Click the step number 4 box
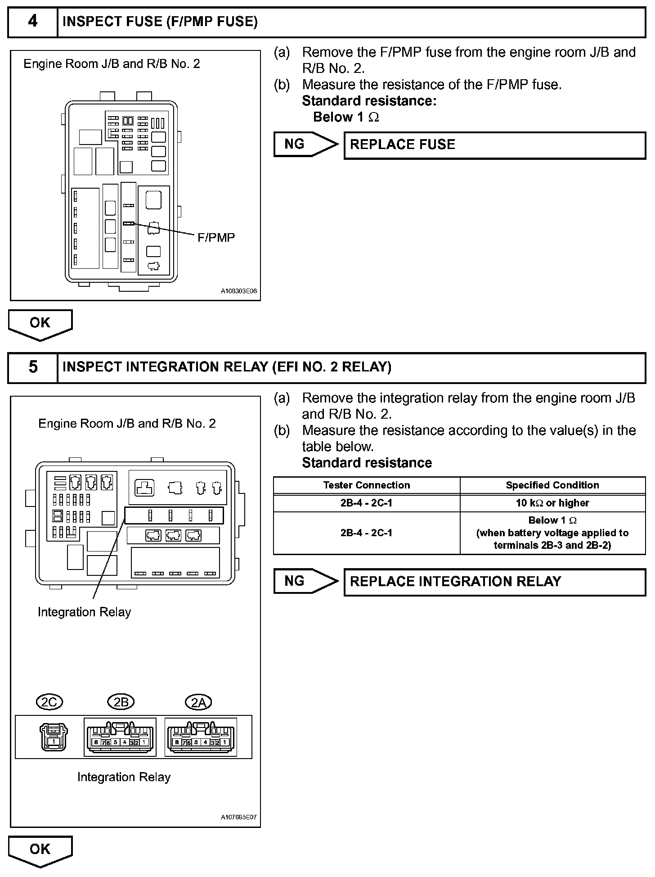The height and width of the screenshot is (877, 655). coord(33,22)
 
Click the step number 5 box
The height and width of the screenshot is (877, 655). coord(33,367)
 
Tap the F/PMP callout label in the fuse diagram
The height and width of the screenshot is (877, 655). coord(216,238)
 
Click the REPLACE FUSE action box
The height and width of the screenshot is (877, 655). coord(494,145)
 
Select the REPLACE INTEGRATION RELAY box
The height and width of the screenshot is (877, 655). coord(494,582)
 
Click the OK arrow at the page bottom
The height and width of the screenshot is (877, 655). coord(40,850)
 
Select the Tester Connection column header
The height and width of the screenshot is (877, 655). coord(367,485)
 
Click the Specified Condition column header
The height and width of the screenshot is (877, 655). coord(552,485)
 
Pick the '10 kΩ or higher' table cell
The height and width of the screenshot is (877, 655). coord(552,503)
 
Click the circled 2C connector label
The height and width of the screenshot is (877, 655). coord(49,702)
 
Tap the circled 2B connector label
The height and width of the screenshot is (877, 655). coord(121,702)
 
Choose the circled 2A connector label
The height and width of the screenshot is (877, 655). coord(198,702)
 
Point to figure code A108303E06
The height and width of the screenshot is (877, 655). coord(238,291)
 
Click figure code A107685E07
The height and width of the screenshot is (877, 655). coord(238,817)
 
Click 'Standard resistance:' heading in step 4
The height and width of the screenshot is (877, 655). coord(369,101)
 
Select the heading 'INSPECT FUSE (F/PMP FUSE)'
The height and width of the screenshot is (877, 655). coord(160,22)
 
